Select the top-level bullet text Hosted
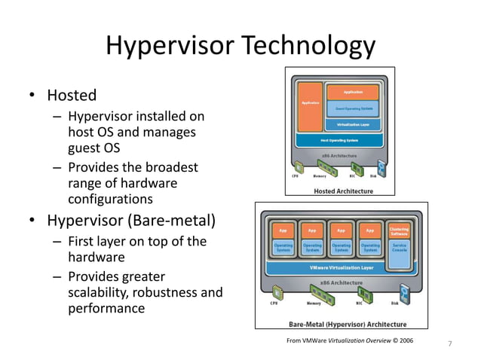pos(72,96)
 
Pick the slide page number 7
pos(450,344)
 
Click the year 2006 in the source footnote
pos(403,341)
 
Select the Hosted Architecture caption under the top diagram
pos(343,191)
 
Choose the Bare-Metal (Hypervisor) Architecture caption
pos(348,325)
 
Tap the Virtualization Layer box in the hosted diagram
pos(352,124)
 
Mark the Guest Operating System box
pos(352,108)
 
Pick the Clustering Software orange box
pos(400,229)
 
